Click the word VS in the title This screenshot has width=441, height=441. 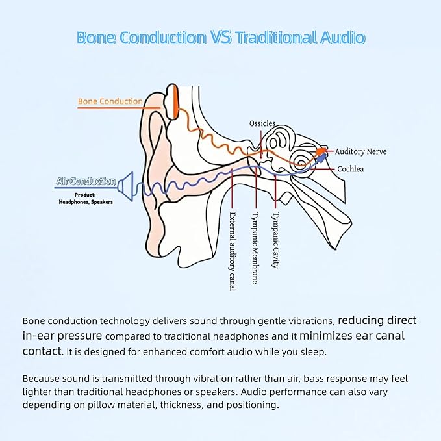[x=221, y=37]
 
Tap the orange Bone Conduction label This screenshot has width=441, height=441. [x=110, y=101]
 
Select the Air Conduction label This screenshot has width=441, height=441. [x=86, y=181]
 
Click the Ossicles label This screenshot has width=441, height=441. [x=262, y=123]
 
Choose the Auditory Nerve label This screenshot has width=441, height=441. [x=360, y=151]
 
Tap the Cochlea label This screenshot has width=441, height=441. [x=351, y=169]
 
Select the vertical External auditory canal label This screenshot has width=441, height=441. [x=233, y=251]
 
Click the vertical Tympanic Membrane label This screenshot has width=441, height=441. [x=255, y=248]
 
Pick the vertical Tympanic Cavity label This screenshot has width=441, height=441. [x=275, y=240]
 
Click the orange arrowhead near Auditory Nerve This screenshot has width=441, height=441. [x=320, y=151]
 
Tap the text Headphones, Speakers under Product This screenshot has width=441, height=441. [x=86, y=202]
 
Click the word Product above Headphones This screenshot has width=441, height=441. [x=85, y=195]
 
